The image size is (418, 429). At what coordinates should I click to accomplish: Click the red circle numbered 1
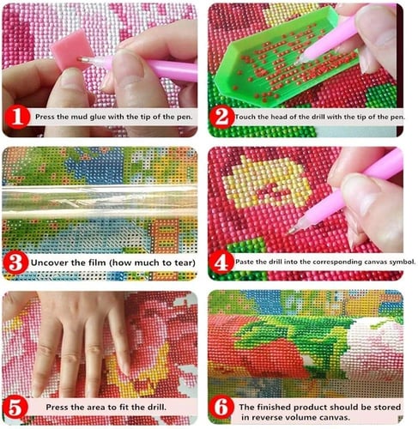coord(17,117)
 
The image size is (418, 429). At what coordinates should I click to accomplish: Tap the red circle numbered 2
coord(222,117)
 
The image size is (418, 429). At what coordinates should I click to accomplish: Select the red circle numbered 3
coord(15,263)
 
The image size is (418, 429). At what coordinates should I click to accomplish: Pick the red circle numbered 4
coord(221,263)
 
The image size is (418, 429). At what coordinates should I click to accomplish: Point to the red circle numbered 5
coord(15,408)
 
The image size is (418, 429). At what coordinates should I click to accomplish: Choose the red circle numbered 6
coord(222,408)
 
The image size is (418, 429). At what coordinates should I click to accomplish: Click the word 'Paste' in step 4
coord(243,262)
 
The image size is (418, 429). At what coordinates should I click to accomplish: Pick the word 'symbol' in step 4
coord(402,262)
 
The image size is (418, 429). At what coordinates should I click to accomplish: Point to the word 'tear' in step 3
coord(184,263)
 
